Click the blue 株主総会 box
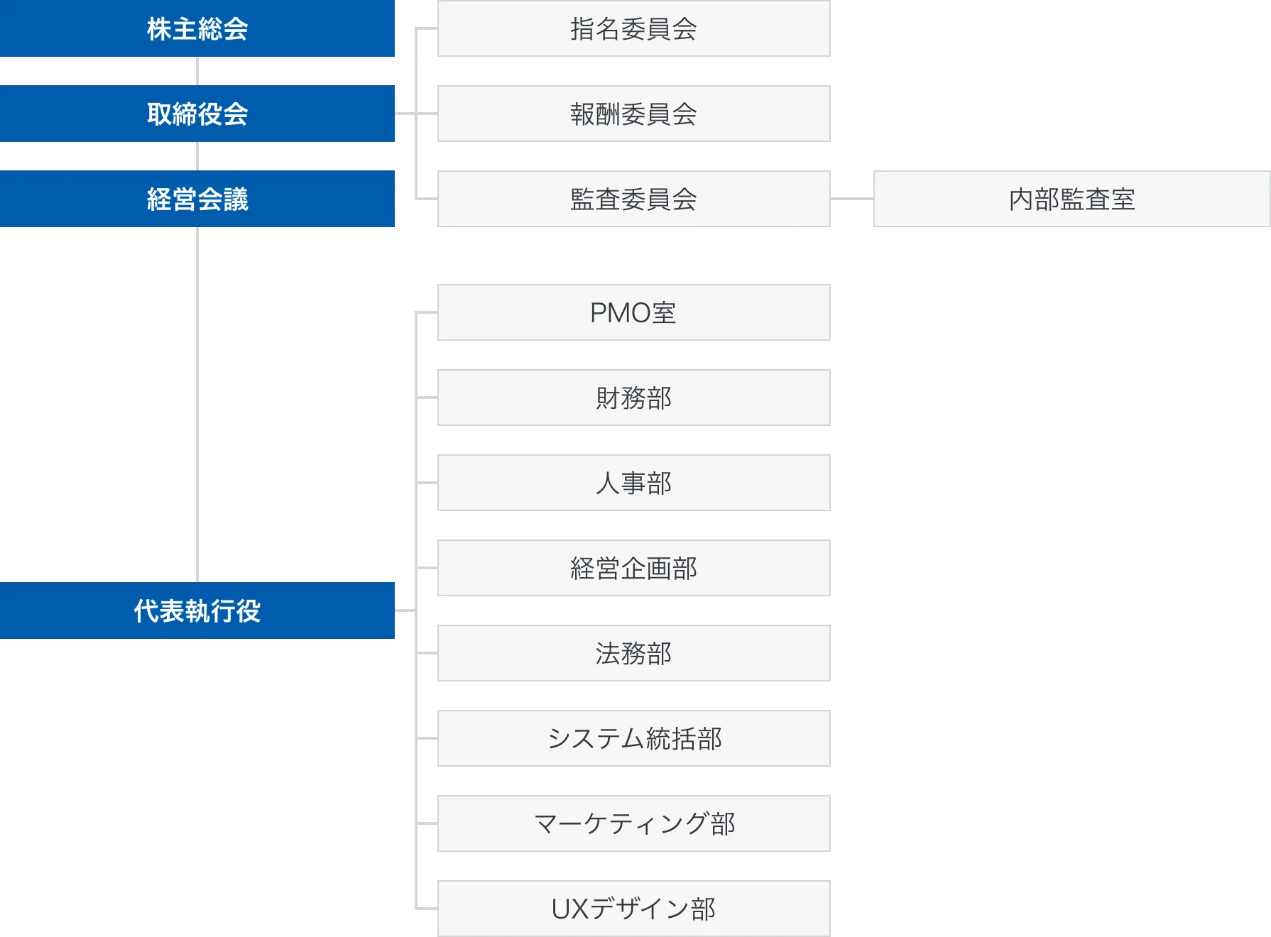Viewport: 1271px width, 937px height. click(x=197, y=28)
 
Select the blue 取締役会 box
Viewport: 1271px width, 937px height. click(x=197, y=114)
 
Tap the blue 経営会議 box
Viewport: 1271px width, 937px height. click(x=197, y=199)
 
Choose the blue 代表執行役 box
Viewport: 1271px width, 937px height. click(x=197, y=610)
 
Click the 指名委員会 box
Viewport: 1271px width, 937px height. click(x=635, y=28)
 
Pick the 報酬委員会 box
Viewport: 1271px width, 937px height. click(x=635, y=114)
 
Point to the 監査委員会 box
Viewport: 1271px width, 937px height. click(x=635, y=199)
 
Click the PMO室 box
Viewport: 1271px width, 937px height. click(x=635, y=312)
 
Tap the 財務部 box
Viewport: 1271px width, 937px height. click(x=635, y=398)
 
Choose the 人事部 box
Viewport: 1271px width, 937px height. click(x=635, y=483)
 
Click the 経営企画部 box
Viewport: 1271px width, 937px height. click(x=635, y=568)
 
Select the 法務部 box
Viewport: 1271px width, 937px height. click(x=635, y=653)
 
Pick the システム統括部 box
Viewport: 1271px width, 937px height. click(x=635, y=738)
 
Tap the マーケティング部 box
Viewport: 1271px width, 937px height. click(x=635, y=823)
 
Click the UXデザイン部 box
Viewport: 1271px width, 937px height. click(x=635, y=909)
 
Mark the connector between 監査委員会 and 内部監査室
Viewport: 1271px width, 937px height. click(x=851, y=199)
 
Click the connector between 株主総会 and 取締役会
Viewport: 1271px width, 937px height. click(x=196, y=71)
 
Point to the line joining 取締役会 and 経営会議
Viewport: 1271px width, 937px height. click(x=196, y=156)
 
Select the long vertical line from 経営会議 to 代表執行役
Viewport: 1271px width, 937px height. click(x=196, y=405)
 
